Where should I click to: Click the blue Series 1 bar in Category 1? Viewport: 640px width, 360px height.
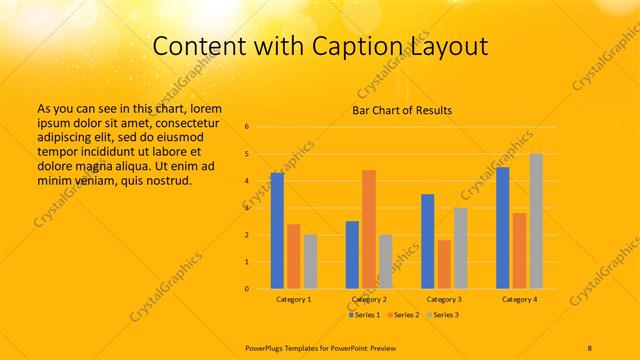click(277, 231)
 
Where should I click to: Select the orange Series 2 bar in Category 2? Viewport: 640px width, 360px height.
click(369, 229)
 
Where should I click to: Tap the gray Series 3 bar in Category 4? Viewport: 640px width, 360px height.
click(536, 221)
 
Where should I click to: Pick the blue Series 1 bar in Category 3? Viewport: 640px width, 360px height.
click(428, 241)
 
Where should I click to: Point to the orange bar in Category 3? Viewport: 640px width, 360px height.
click(444, 264)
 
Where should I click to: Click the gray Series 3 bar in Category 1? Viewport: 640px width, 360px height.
click(310, 262)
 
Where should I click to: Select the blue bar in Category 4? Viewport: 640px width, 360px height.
click(503, 228)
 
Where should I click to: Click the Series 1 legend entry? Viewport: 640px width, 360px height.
click(364, 315)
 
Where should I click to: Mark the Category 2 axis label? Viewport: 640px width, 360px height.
click(369, 299)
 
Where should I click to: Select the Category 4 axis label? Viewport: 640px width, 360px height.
click(519, 299)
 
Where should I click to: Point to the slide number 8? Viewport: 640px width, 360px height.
click(590, 346)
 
